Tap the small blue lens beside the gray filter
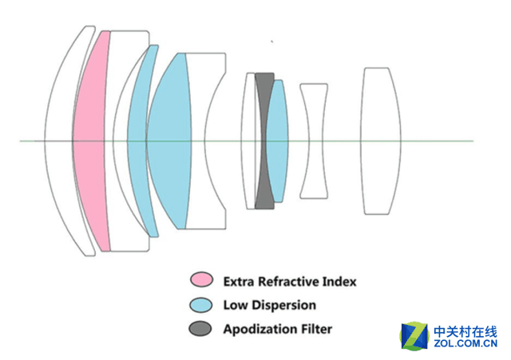[275, 140]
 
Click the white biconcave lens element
[313, 141]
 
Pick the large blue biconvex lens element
[168, 140]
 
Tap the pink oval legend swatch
[202, 281]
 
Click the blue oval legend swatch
[202, 305]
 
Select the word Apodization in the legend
[260, 329]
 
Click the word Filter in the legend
[316, 329]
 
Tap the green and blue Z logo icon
[414, 335]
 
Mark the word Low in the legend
[235, 305]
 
